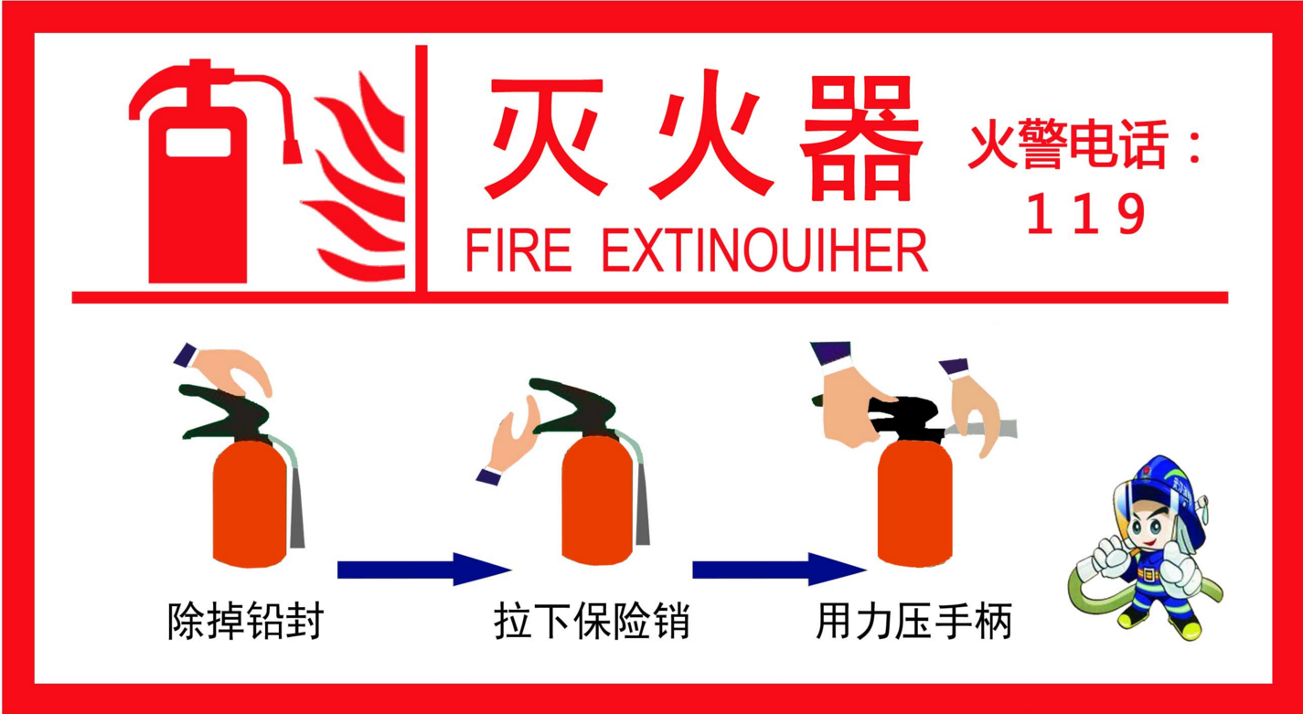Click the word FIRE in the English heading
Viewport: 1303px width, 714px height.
click(x=518, y=250)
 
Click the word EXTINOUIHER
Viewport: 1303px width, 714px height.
click(x=764, y=250)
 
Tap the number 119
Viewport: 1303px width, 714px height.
click(x=1085, y=214)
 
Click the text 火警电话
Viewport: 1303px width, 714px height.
click(x=1068, y=144)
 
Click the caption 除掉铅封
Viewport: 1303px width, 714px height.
click(x=245, y=622)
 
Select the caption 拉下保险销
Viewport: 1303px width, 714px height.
click(x=592, y=622)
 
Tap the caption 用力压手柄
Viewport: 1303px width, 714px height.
click(x=913, y=622)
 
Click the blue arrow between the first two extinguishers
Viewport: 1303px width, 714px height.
click(x=424, y=570)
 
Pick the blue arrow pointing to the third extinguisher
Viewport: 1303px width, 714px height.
click(x=779, y=570)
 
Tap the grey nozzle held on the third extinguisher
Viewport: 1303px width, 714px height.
click(x=983, y=429)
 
